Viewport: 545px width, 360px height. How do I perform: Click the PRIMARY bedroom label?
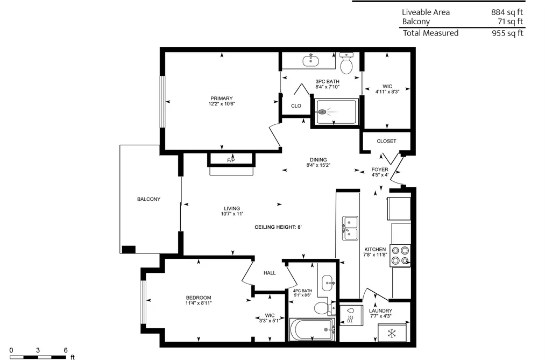click(222, 98)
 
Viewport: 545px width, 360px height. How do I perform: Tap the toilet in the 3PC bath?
click(346, 63)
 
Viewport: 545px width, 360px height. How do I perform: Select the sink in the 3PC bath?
click(310, 60)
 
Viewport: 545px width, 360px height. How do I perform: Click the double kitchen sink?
click(350, 228)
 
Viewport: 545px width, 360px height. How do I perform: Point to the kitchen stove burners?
click(400, 256)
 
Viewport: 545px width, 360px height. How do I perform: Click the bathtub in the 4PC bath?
click(312, 330)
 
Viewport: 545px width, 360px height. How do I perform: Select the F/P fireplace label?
click(231, 160)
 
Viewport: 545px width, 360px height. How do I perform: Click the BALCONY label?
click(149, 199)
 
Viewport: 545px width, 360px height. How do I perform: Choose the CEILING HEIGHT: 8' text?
click(278, 227)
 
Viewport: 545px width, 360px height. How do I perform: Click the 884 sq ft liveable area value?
click(507, 12)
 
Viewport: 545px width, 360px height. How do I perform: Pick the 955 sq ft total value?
click(507, 33)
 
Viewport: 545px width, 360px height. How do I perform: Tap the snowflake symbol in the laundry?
click(392, 334)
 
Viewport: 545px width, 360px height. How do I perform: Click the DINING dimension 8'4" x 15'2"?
click(318, 165)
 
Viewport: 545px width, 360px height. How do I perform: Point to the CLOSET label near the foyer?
click(386, 141)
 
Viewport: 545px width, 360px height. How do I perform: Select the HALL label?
click(270, 273)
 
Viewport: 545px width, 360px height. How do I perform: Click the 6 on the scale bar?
click(66, 350)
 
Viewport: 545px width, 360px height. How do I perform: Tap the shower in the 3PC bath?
click(336, 112)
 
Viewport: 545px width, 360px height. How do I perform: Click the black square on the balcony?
click(129, 250)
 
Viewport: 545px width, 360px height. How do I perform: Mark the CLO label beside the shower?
click(296, 106)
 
